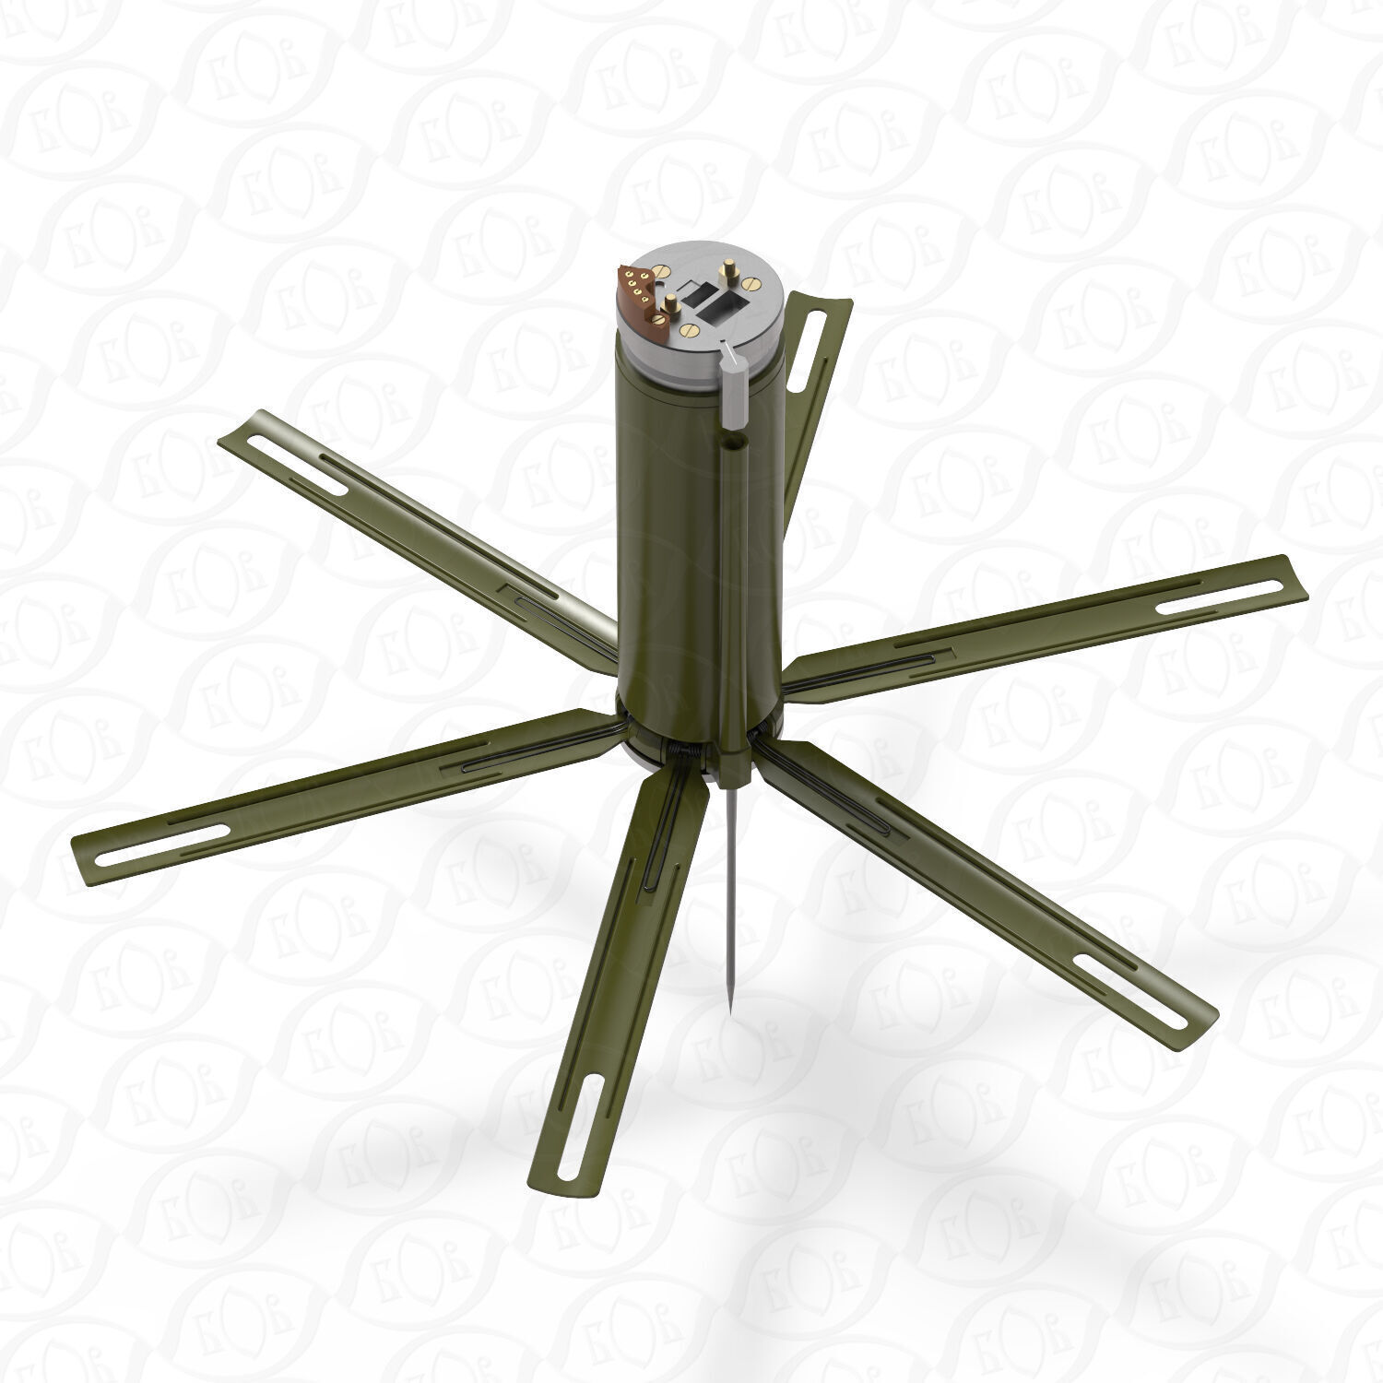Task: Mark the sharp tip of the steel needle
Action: click(728, 1014)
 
